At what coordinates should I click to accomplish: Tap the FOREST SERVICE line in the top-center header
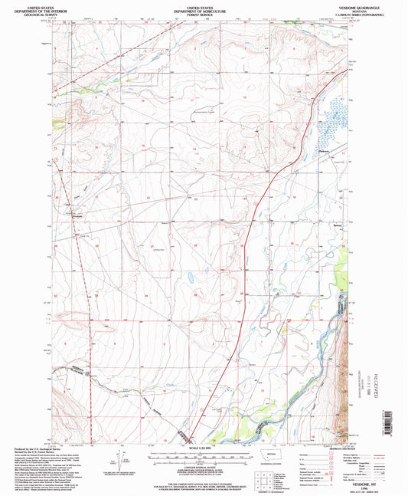tap(203, 13)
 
